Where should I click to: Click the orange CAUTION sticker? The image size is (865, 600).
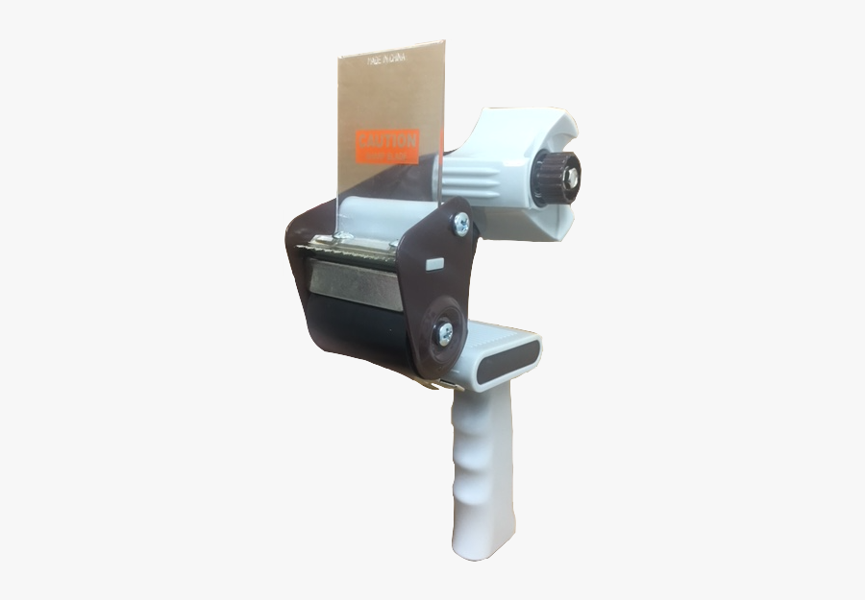click(x=387, y=146)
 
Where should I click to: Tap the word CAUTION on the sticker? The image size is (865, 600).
click(x=387, y=140)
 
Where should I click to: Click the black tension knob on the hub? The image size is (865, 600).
click(x=556, y=177)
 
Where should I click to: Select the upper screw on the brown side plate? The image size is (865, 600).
click(x=460, y=224)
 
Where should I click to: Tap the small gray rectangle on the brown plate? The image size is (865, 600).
click(x=432, y=262)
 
